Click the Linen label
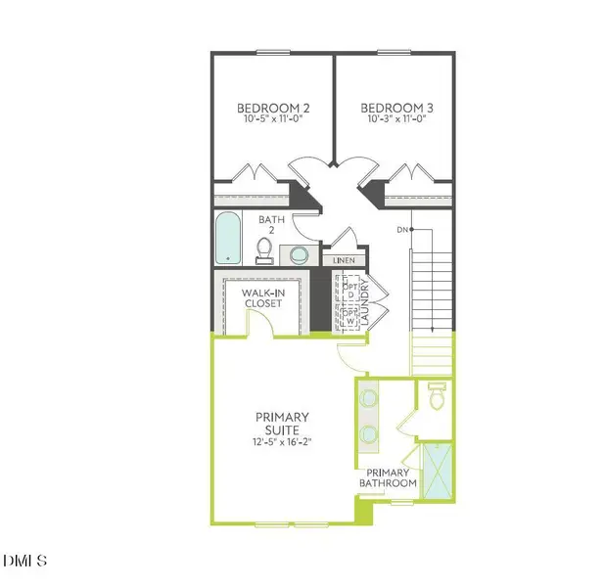[344, 261]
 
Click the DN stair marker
[401, 229]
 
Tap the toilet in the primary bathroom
[438, 396]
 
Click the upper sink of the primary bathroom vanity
[369, 398]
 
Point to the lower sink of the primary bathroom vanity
[369, 433]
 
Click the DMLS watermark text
[23, 561]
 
